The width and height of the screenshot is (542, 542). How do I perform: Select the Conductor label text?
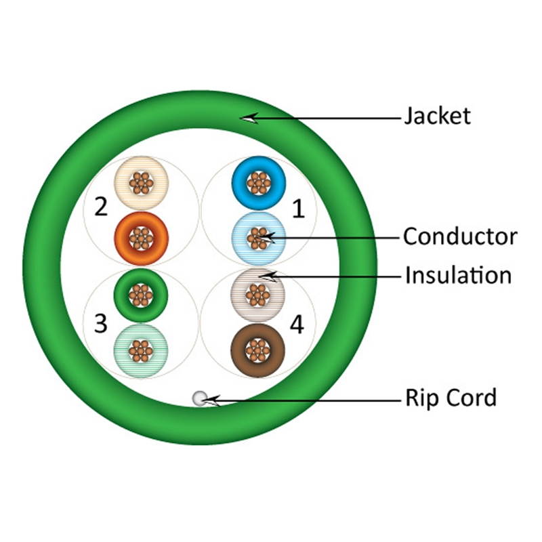click(459, 236)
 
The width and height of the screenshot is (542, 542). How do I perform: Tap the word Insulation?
click(458, 276)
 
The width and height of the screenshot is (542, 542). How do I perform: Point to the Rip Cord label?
click(451, 398)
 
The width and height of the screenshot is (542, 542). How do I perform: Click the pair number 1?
click(298, 209)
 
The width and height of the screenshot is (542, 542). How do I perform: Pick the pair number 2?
click(101, 206)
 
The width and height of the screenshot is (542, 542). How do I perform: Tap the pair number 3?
click(101, 324)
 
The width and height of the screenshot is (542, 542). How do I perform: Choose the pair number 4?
click(296, 325)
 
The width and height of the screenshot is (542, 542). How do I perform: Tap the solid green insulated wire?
click(141, 295)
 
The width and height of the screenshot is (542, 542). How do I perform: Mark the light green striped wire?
click(141, 350)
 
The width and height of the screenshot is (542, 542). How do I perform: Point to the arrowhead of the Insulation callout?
click(266, 276)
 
